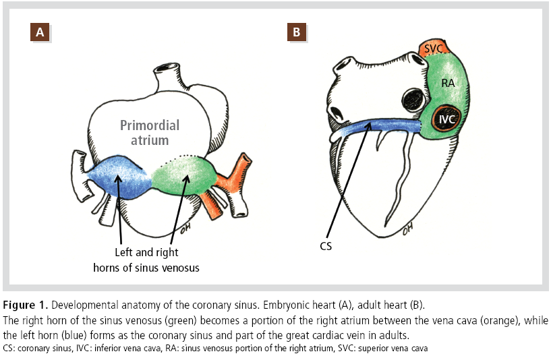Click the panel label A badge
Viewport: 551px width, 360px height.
(40, 32)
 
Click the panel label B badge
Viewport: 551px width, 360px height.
(296, 32)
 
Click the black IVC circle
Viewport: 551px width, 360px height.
(446, 119)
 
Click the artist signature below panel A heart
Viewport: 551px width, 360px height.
(177, 227)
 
